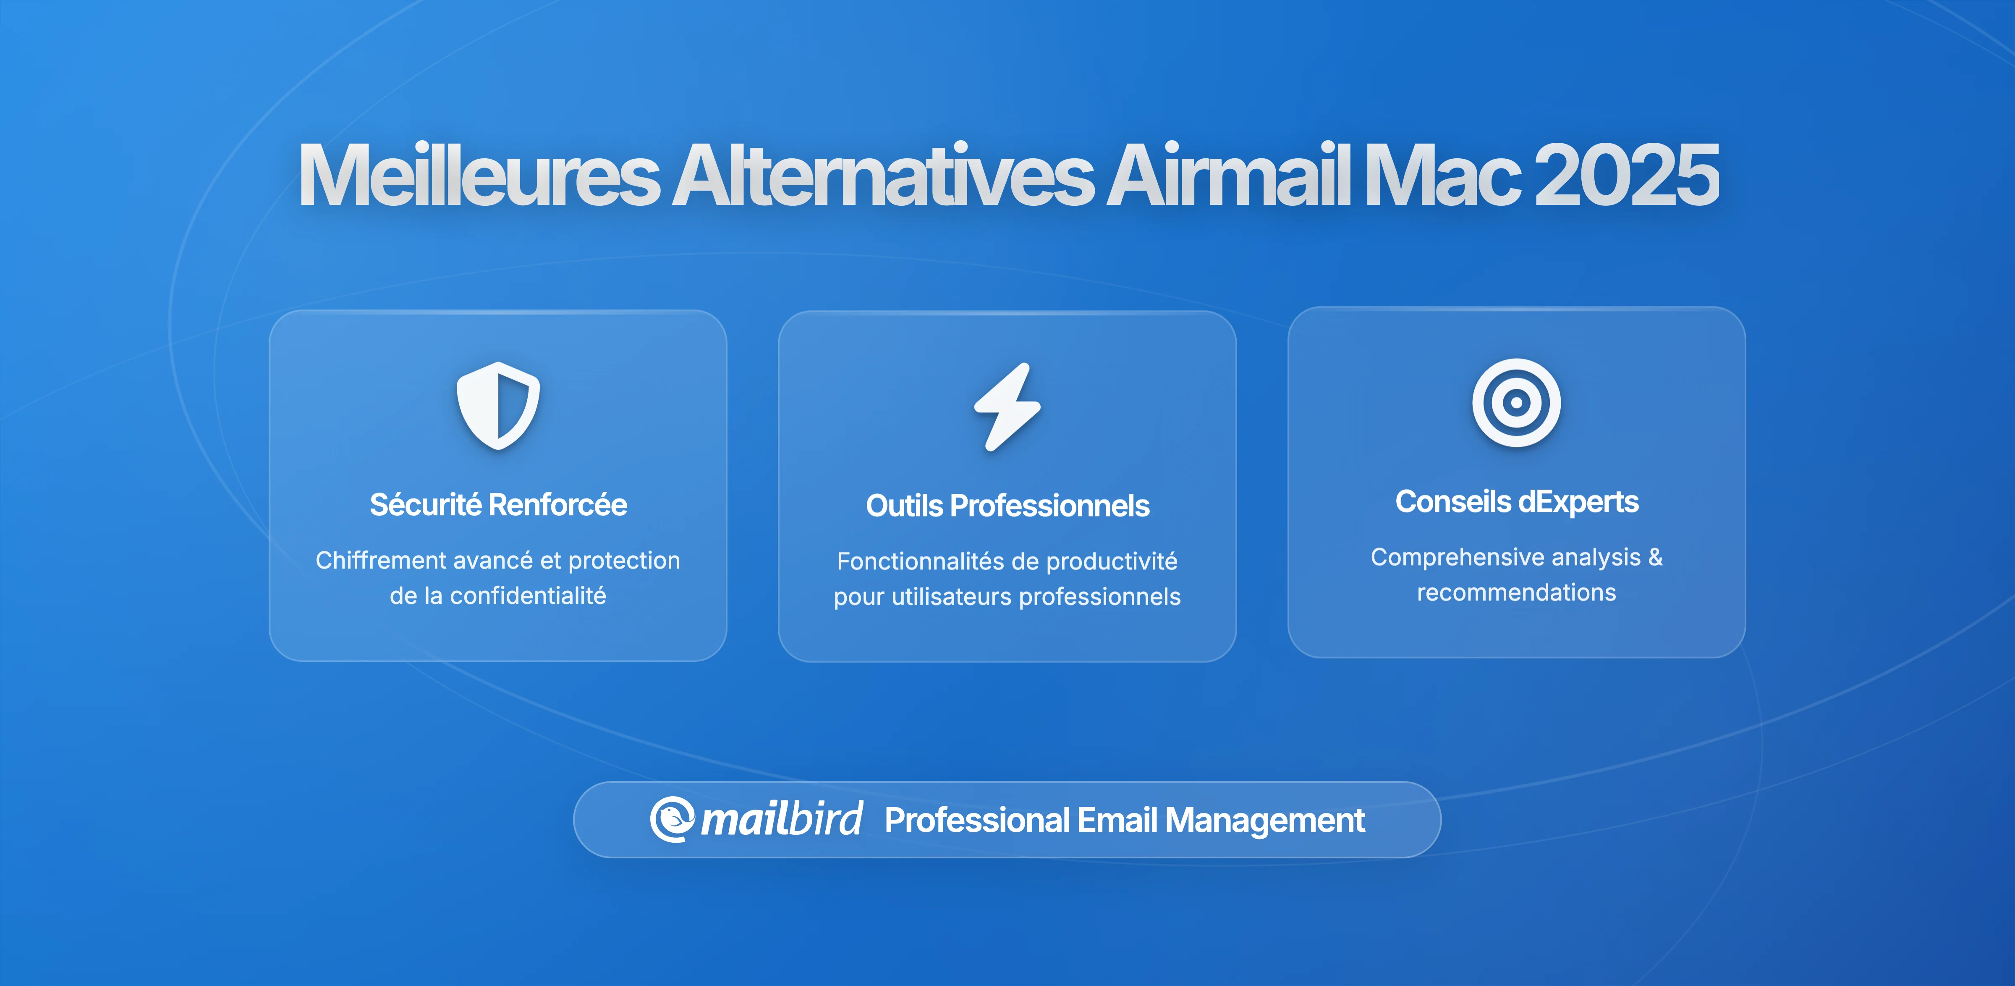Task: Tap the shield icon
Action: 498,405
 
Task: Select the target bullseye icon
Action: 1516,403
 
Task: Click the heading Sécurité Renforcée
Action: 498,505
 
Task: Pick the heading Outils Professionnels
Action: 1007,506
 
